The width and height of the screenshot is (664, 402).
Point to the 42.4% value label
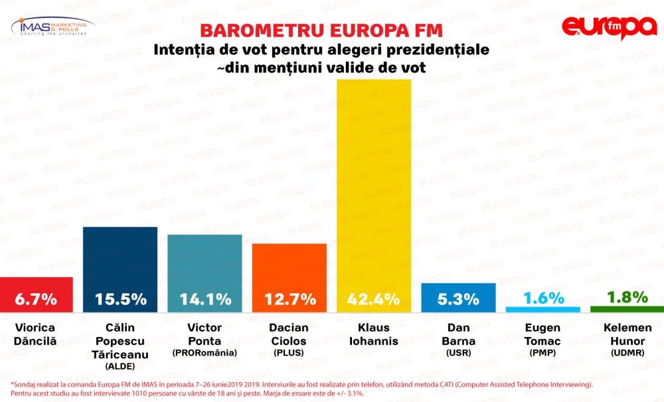point(374,299)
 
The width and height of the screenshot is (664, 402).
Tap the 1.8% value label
point(627,297)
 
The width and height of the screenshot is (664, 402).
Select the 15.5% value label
point(120,299)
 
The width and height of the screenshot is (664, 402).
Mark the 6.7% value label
point(36,299)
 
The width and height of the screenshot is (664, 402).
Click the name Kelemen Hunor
point(627,334)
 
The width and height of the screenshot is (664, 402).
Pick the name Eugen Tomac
point(543,334)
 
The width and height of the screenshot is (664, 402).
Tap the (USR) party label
point(459,353)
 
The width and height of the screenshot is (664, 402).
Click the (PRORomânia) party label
point(205,353)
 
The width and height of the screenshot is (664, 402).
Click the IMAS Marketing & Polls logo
point(53,27)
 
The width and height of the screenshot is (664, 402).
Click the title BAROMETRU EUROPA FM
point(312,31)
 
